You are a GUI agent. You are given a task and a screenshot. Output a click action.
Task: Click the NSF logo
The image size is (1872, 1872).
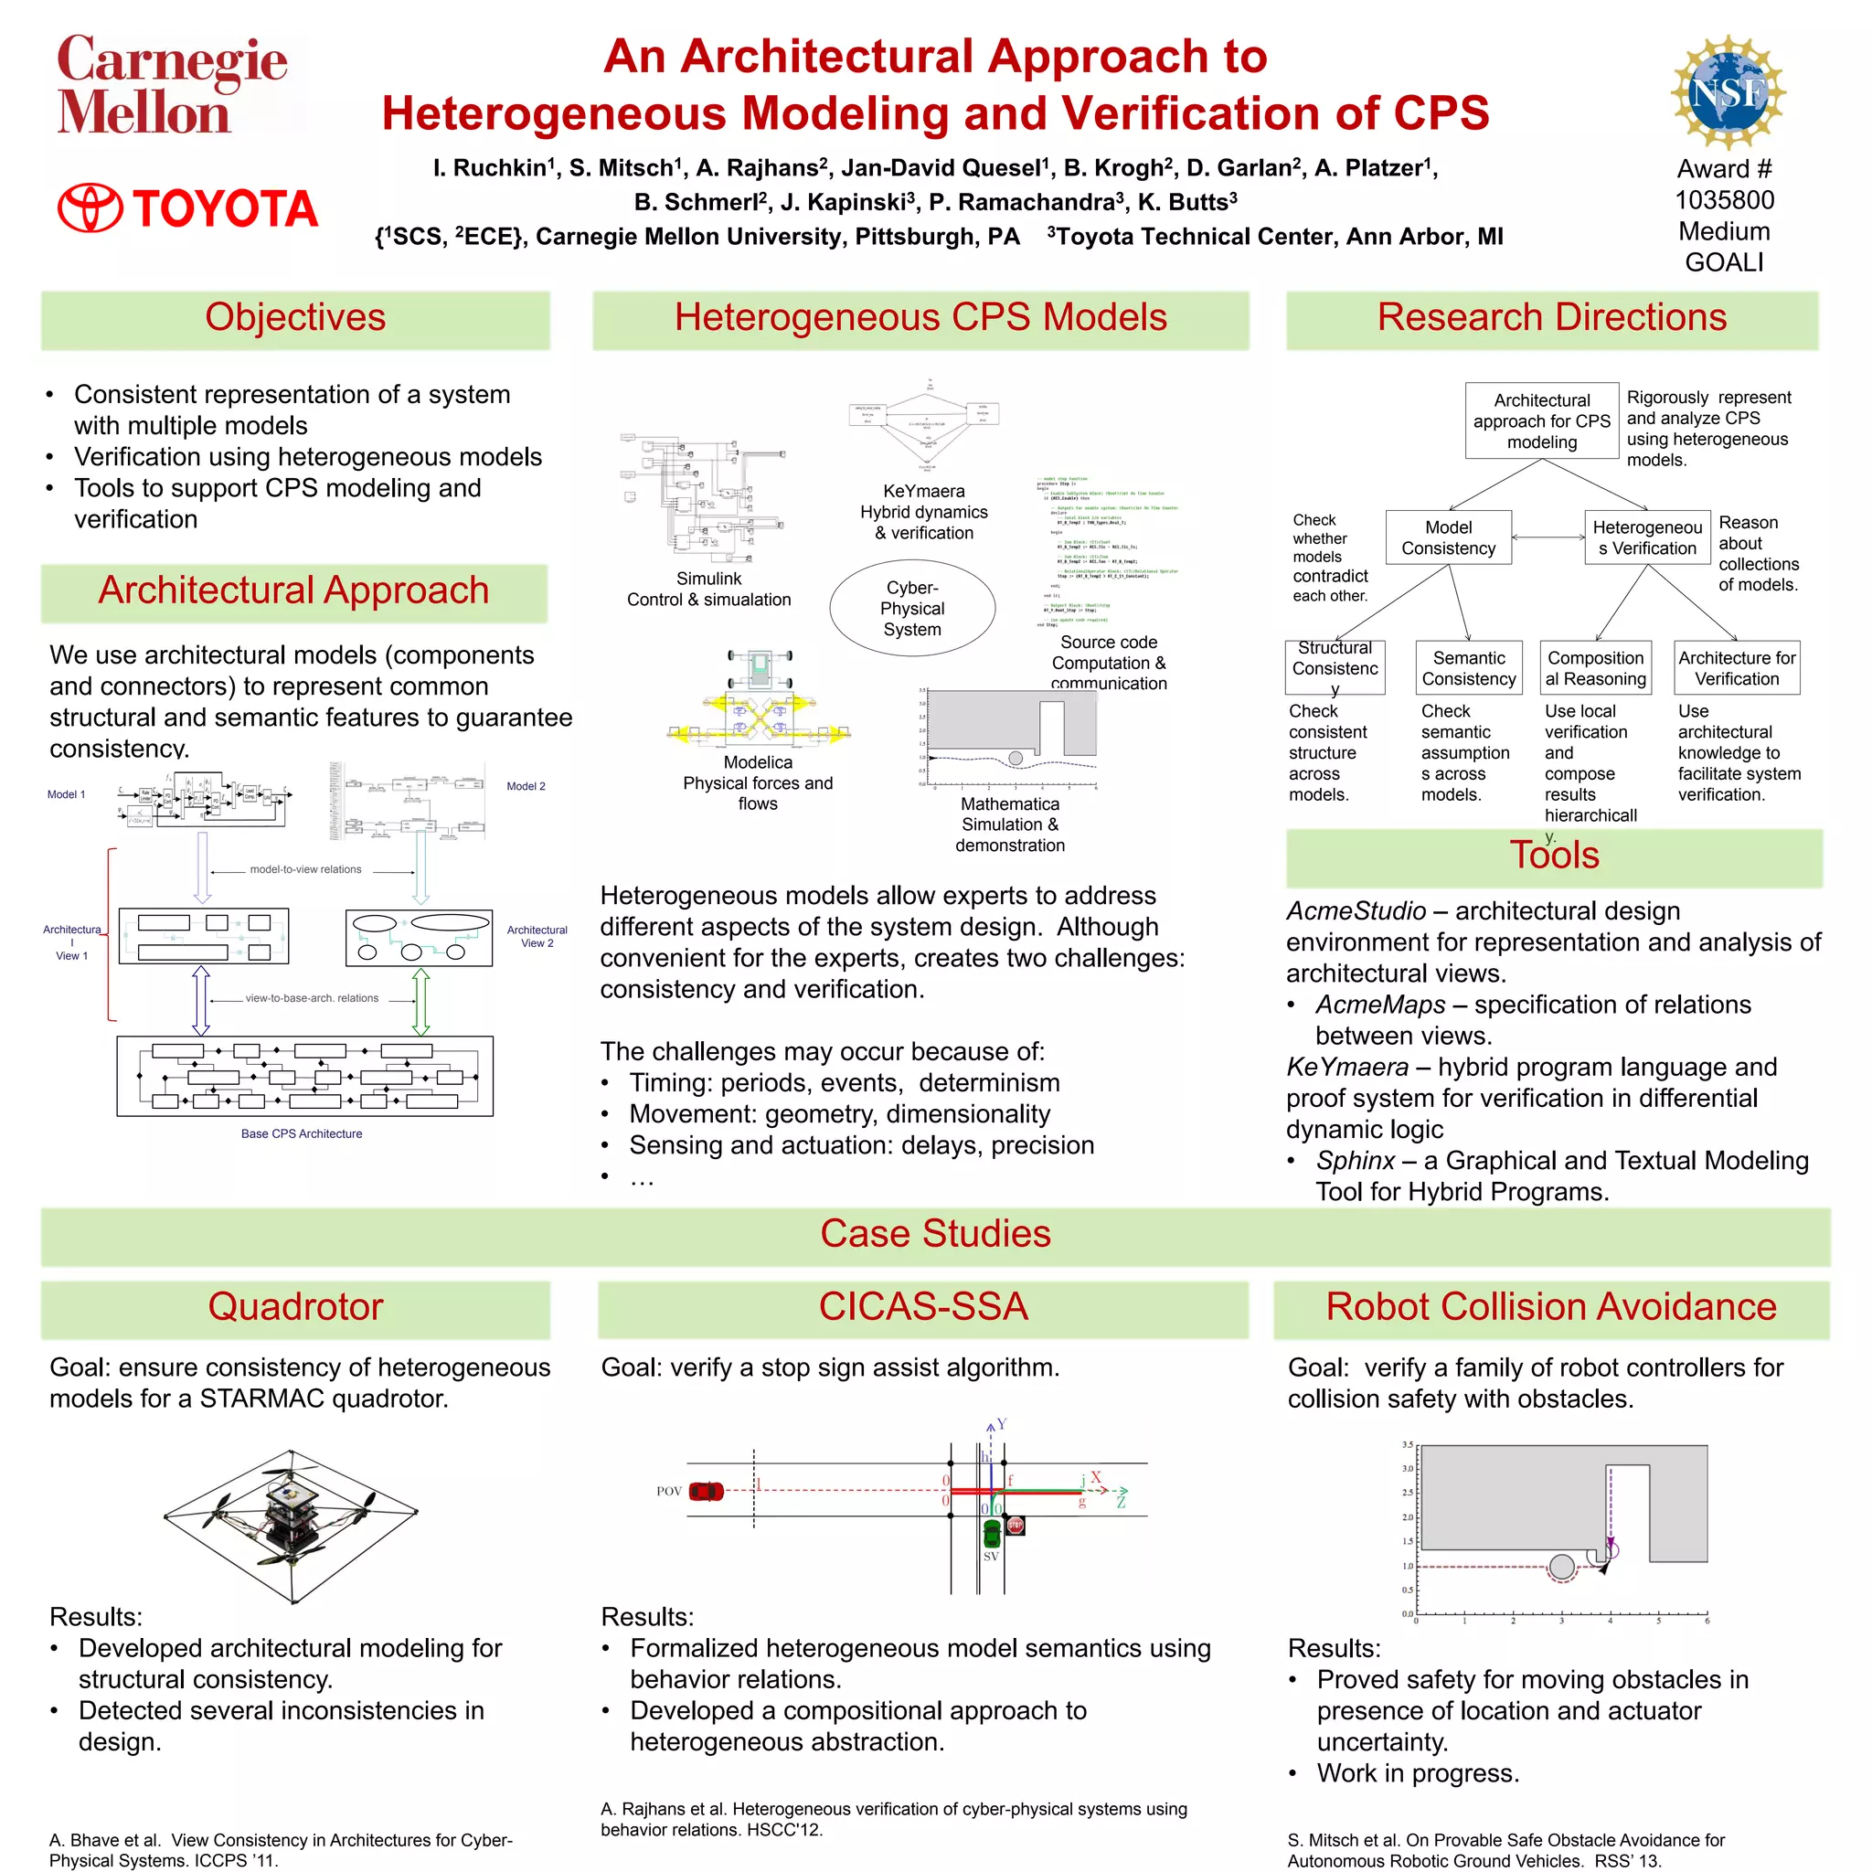point(1727,93)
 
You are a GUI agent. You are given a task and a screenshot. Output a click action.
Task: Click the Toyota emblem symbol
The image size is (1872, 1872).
point(91,208)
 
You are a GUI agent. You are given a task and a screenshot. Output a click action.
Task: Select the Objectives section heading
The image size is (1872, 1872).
point(294,318)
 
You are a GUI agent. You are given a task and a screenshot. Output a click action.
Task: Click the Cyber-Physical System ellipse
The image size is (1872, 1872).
point(911,609)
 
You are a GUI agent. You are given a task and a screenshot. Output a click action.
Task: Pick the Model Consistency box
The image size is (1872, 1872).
point(1448,537)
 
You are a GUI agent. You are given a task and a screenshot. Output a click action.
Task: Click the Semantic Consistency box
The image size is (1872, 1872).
point(1468,667)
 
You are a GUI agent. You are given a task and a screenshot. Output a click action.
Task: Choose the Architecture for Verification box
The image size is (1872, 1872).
point(1737,667)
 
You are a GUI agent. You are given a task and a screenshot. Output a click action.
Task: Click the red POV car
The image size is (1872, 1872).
point(706,1490)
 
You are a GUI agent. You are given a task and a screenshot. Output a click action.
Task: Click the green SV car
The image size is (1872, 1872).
point(991,1533)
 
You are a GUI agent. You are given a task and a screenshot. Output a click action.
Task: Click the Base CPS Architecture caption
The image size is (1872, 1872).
point(302,1133)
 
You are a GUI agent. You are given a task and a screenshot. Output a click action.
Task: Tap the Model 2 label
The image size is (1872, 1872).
point(526,786)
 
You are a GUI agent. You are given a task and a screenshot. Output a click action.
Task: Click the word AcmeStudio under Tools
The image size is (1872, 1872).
point(1356,910)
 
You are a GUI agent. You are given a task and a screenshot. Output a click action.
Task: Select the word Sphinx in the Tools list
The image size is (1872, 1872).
point(1355,1160)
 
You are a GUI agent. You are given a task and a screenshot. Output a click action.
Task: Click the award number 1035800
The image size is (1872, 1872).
point(1724,199)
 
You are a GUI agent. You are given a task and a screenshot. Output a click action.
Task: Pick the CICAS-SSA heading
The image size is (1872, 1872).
point(922,1306)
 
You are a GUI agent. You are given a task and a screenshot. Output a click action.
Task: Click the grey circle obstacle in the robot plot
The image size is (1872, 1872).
point(1561,1567)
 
